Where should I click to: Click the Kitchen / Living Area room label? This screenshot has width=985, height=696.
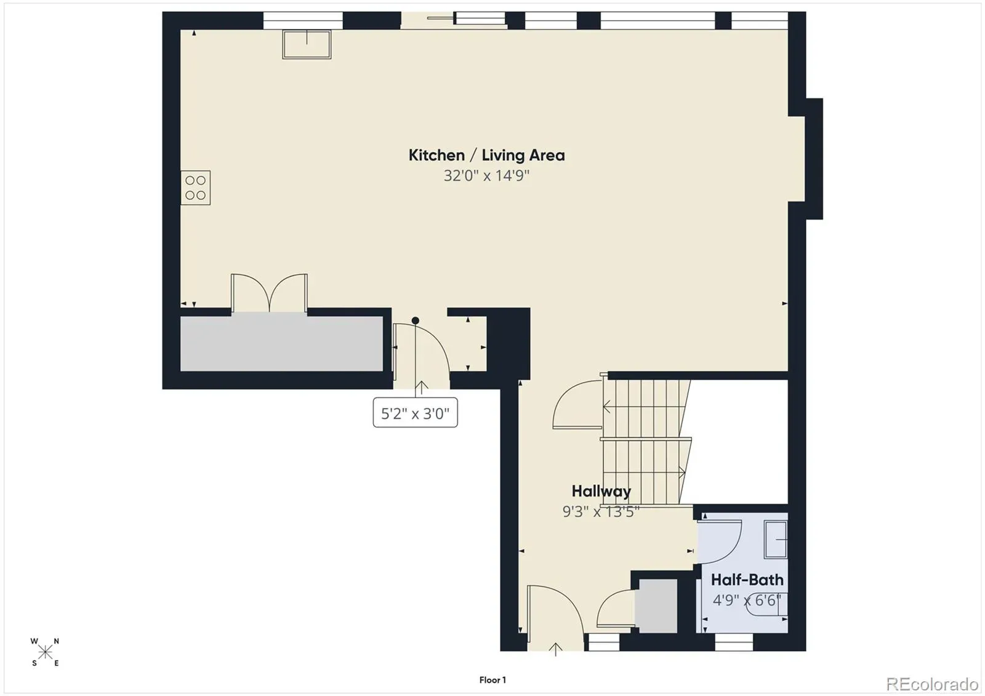pyautogui.click(x=487, y=155)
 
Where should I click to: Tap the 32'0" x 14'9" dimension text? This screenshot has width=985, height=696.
pyautogui.click(x=486, y=176)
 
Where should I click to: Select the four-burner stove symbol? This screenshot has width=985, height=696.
pyautogui.click(x=195, y=188)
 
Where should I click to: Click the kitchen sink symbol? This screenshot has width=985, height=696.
pyautogui.click(x=307, y=44)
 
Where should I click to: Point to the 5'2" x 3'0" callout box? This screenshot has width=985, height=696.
pyautogui.click(x=415, y=412)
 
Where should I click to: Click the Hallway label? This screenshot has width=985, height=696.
pyautogui.click(x=601, y=491)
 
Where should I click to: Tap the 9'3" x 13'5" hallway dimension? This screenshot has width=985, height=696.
pyautogui.click(x=601, y=511)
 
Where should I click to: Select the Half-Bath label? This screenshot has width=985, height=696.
pyautogui.click(x=747, y=580)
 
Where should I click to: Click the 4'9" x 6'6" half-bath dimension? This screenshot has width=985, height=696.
pyautogui.click(x=747, y=600)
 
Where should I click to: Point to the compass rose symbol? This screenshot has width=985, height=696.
pyautogui.click(x=45, y=652)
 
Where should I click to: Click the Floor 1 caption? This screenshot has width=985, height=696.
pyautogui.click(x=492, y=680)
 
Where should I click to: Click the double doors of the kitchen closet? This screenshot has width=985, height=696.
pyautogui.click(x=269, y=293)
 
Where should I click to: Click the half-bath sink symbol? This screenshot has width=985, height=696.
pyautogui.click(x=776, y=539)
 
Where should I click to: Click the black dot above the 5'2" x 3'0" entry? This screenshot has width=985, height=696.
pyautogui.click(x=415, y=321)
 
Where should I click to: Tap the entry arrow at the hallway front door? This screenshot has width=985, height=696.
pyautogui.click(x=556, y=649)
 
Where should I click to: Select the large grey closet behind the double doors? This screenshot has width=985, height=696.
pyautogui.click(x=281, y=343)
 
